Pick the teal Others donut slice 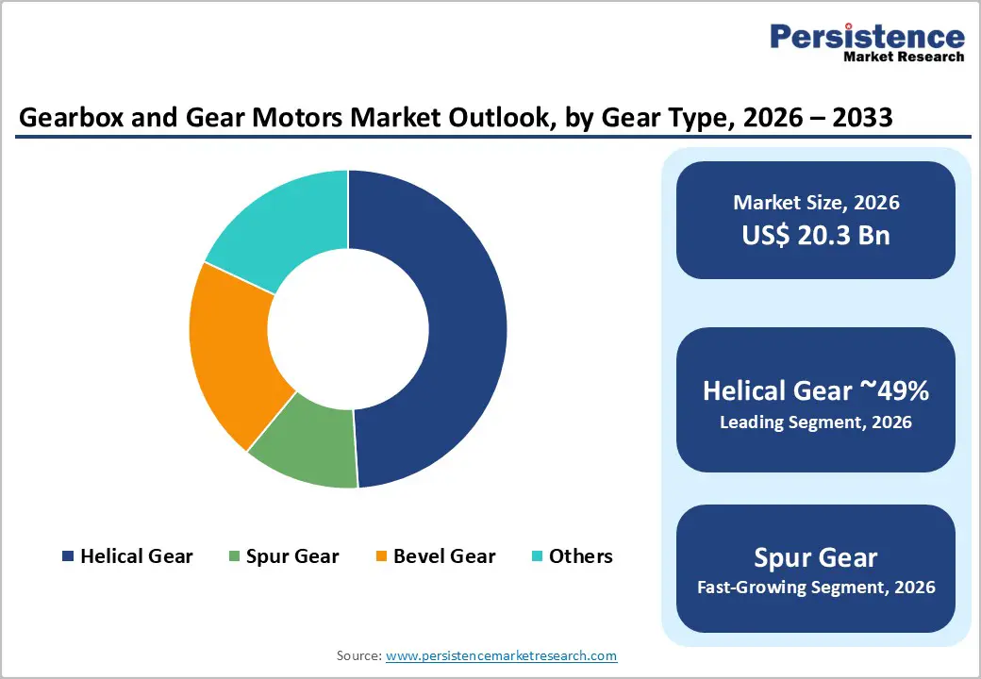283,226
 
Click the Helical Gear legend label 136,556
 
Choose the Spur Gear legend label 292,556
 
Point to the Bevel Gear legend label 444,556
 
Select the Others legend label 581,556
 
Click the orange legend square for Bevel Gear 381,556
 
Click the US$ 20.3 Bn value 816,235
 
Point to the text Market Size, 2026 816,203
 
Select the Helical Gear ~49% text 816,391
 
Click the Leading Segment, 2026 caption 816,422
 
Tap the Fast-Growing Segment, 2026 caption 816,588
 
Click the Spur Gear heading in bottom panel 816,556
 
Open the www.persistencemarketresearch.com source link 502,655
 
